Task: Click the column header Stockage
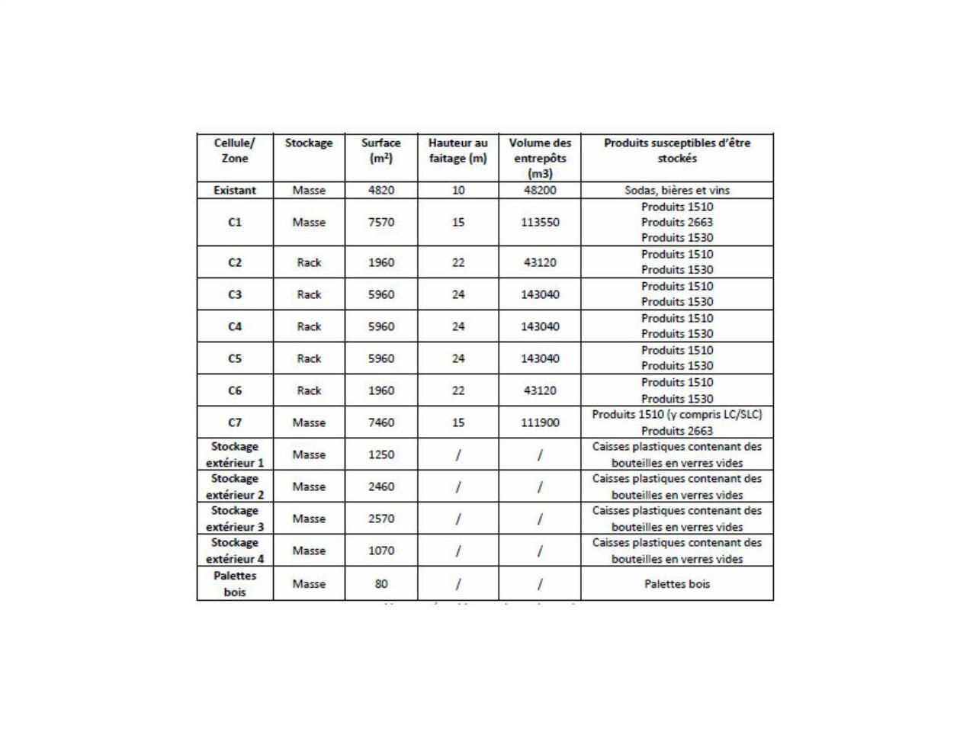point(309,143)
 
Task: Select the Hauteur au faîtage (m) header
point(457,151)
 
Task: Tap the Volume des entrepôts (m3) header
point(540,158)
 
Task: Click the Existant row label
point(235,191)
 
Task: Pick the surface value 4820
point(381,191)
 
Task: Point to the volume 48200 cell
point(540,191)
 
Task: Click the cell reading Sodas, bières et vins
point(677,191)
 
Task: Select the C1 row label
point(235,223)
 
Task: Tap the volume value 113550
point(540,223)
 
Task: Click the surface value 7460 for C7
point(381,422)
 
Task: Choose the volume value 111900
point(540,422)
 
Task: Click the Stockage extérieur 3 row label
point(235,518)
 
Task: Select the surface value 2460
point(381,486)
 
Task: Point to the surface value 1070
point(381,551)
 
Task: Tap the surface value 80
point(381,584)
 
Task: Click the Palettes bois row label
point(235,584)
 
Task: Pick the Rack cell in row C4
point(309,326)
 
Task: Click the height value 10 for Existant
point(457,191)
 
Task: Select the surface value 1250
point(381,454)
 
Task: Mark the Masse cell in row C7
point(309,422)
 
